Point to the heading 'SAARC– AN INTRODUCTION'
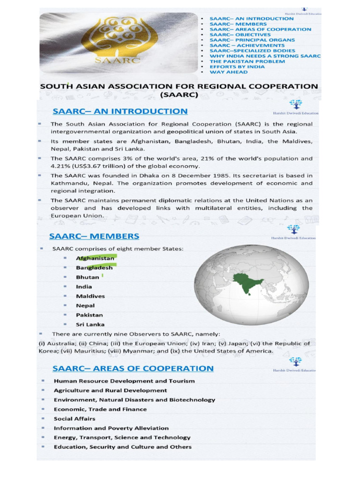tap(120, 112)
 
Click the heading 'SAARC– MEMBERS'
tap(96, 235)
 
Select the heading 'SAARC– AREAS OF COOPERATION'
tap(133, 368)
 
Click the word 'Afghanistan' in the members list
tap(95, 258)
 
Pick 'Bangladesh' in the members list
tap(94, 268)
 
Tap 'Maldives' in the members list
tap(90, 296)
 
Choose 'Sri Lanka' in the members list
tap(90, 324)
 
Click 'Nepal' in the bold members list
tap(85, 306)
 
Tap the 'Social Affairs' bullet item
tap(75, 419)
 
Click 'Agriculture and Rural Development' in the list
tap(110, 390)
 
